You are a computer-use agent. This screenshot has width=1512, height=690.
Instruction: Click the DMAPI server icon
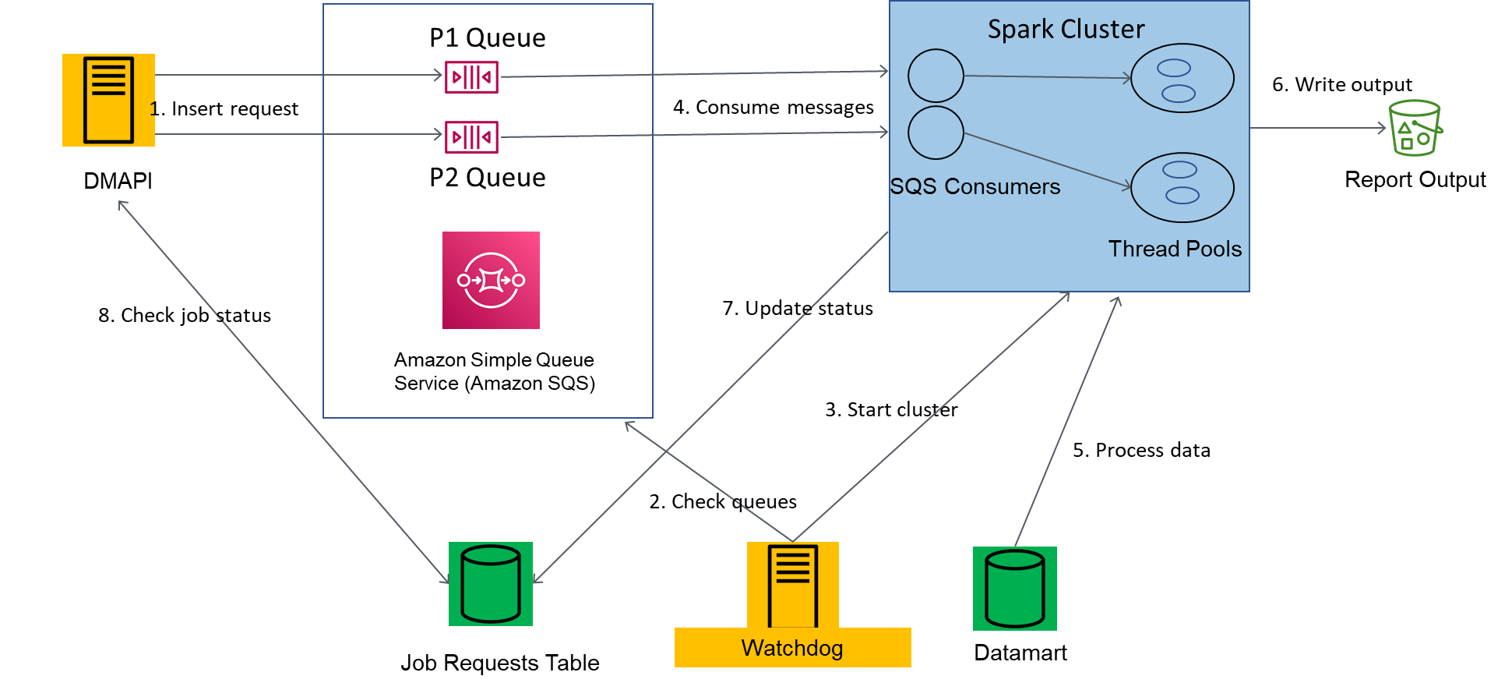tap(108, 100)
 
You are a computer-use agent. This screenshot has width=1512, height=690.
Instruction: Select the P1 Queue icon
tap(471, 77)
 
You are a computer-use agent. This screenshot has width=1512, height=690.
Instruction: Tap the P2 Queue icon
tap(471, 137)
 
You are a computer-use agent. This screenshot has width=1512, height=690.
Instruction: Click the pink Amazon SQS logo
tap(491, 280)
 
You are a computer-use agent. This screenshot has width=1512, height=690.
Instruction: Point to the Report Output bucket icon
tap(1415, 128)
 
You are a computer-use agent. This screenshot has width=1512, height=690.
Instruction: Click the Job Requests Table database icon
tap(491, 584)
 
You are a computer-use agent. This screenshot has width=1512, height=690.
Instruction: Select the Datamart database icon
tap(1015, 589)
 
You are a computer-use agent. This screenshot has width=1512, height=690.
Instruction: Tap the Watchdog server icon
tap(793, 585)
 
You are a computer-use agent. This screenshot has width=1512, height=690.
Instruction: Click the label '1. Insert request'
tap(224, 108)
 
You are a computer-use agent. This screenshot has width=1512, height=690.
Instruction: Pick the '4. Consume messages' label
tap(774, 107)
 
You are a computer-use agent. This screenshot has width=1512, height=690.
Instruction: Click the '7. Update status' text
tap(798, 308)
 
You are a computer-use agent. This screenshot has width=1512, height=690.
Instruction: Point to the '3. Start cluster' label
tap(892, 409)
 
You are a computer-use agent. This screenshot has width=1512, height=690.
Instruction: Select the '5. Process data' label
tap(1142, 450)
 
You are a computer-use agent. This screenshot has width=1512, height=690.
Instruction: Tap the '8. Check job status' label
tap(185, 315)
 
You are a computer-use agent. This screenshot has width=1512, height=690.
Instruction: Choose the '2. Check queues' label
tap(723, 501)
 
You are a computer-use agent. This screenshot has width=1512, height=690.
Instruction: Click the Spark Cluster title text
tap(1066, 30)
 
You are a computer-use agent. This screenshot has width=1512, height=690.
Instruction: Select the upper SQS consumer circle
tap(936, 76)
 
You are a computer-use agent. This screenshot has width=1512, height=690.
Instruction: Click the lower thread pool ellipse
tap(1182, 188)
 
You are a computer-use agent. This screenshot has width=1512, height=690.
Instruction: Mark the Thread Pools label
tap(1175, 249)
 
